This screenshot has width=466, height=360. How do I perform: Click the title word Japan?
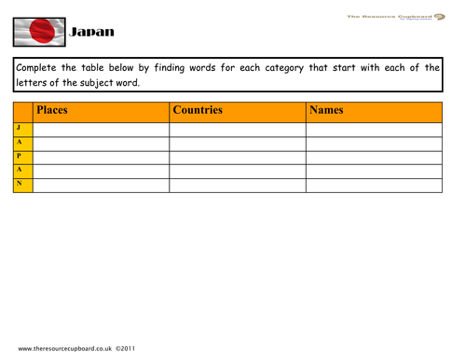[x=92, y=33]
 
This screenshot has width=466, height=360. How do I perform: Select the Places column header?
[x=52, y=110]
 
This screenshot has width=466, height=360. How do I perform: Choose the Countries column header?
[x=198, y=110]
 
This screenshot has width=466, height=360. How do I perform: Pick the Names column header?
[x=326, y=110]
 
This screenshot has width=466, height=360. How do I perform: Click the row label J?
[x=20, y=127]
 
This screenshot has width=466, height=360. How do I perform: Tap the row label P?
[x=20, y=156]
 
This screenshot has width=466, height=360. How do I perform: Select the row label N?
[x=20, y=185]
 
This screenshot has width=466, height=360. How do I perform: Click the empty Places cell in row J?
[x=101, y=128]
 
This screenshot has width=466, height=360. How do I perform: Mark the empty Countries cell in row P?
[x=238, y=157]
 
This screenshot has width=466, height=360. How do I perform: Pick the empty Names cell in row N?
[x=374, y=185]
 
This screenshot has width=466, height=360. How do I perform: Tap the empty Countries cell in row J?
[x=238, y=128]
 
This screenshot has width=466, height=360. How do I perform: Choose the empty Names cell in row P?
[x=374, y=157]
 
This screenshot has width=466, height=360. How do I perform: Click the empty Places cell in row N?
[x=101, y=185]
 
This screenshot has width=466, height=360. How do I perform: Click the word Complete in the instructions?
[x=44, y=67]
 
